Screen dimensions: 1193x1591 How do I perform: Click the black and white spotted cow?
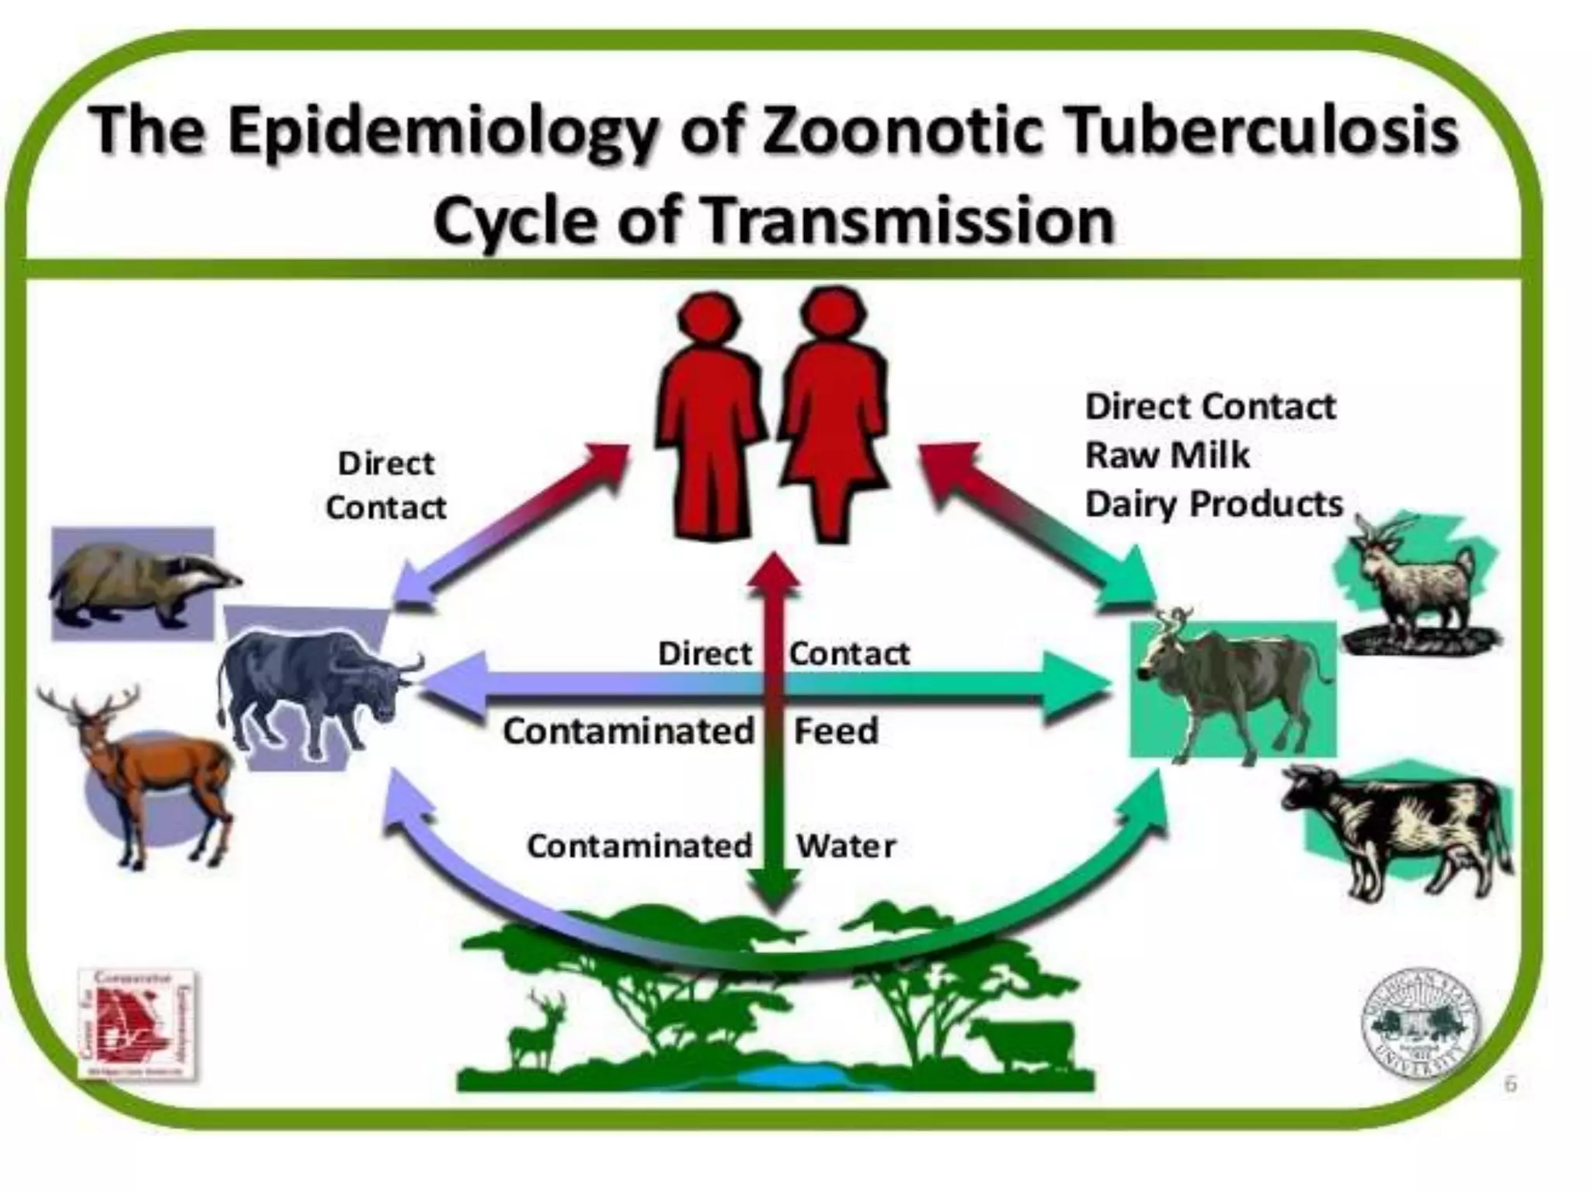(1398, 827)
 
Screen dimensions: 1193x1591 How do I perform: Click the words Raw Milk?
(1167, 455)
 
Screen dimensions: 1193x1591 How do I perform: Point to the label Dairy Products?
(1213, 504)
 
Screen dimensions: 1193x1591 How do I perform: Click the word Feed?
(836, 731)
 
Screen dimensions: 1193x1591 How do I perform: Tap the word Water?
(846, 846)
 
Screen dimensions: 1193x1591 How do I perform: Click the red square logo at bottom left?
(138, 1022)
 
